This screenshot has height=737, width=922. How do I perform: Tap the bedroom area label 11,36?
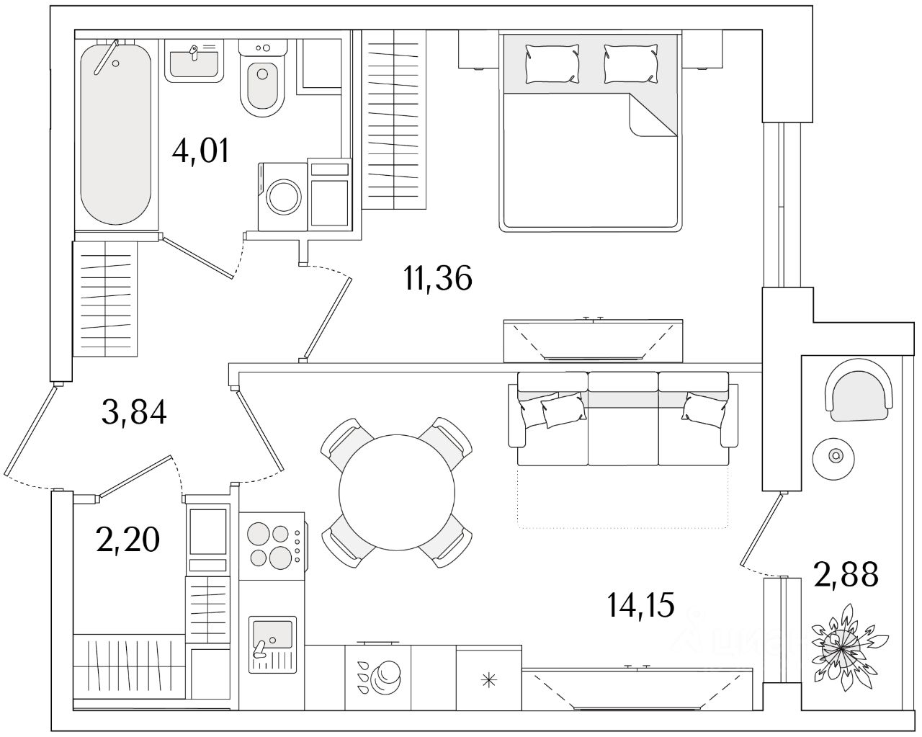(438, 278)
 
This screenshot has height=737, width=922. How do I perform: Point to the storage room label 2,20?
(127, 539)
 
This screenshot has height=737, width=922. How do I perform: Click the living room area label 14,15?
(641, 605)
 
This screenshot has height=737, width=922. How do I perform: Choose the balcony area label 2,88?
(846, 576)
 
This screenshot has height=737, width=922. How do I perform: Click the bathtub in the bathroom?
(115, 133)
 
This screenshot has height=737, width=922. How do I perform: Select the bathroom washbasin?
(193, 61)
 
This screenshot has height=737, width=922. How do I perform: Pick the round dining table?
(397, 492)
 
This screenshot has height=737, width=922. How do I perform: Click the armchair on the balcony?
(859, 390)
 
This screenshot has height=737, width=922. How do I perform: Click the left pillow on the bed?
(552, 62)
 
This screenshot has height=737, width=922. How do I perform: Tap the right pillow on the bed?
(630, 62)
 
